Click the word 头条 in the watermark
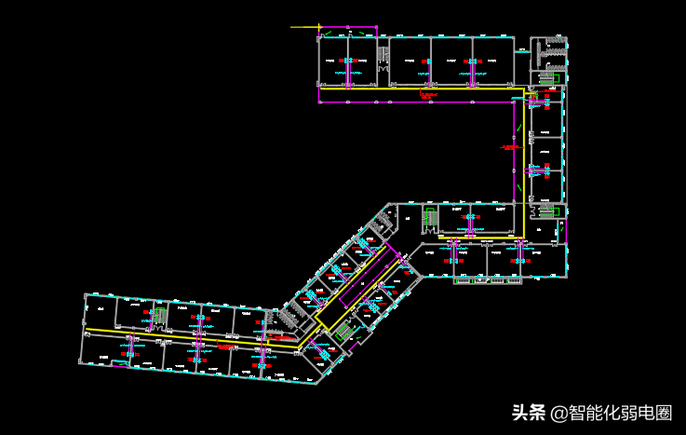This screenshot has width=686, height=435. point(528,413)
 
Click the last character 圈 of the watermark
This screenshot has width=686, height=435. point(663,413)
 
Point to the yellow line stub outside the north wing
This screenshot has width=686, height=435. point(304,27)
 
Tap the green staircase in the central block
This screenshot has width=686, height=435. point(430,219)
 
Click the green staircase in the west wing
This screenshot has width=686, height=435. point(161,317)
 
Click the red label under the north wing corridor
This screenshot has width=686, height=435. point(428,95)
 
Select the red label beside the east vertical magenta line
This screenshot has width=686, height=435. point(508,146)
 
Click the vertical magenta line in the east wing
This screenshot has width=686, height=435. point(514,149)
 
